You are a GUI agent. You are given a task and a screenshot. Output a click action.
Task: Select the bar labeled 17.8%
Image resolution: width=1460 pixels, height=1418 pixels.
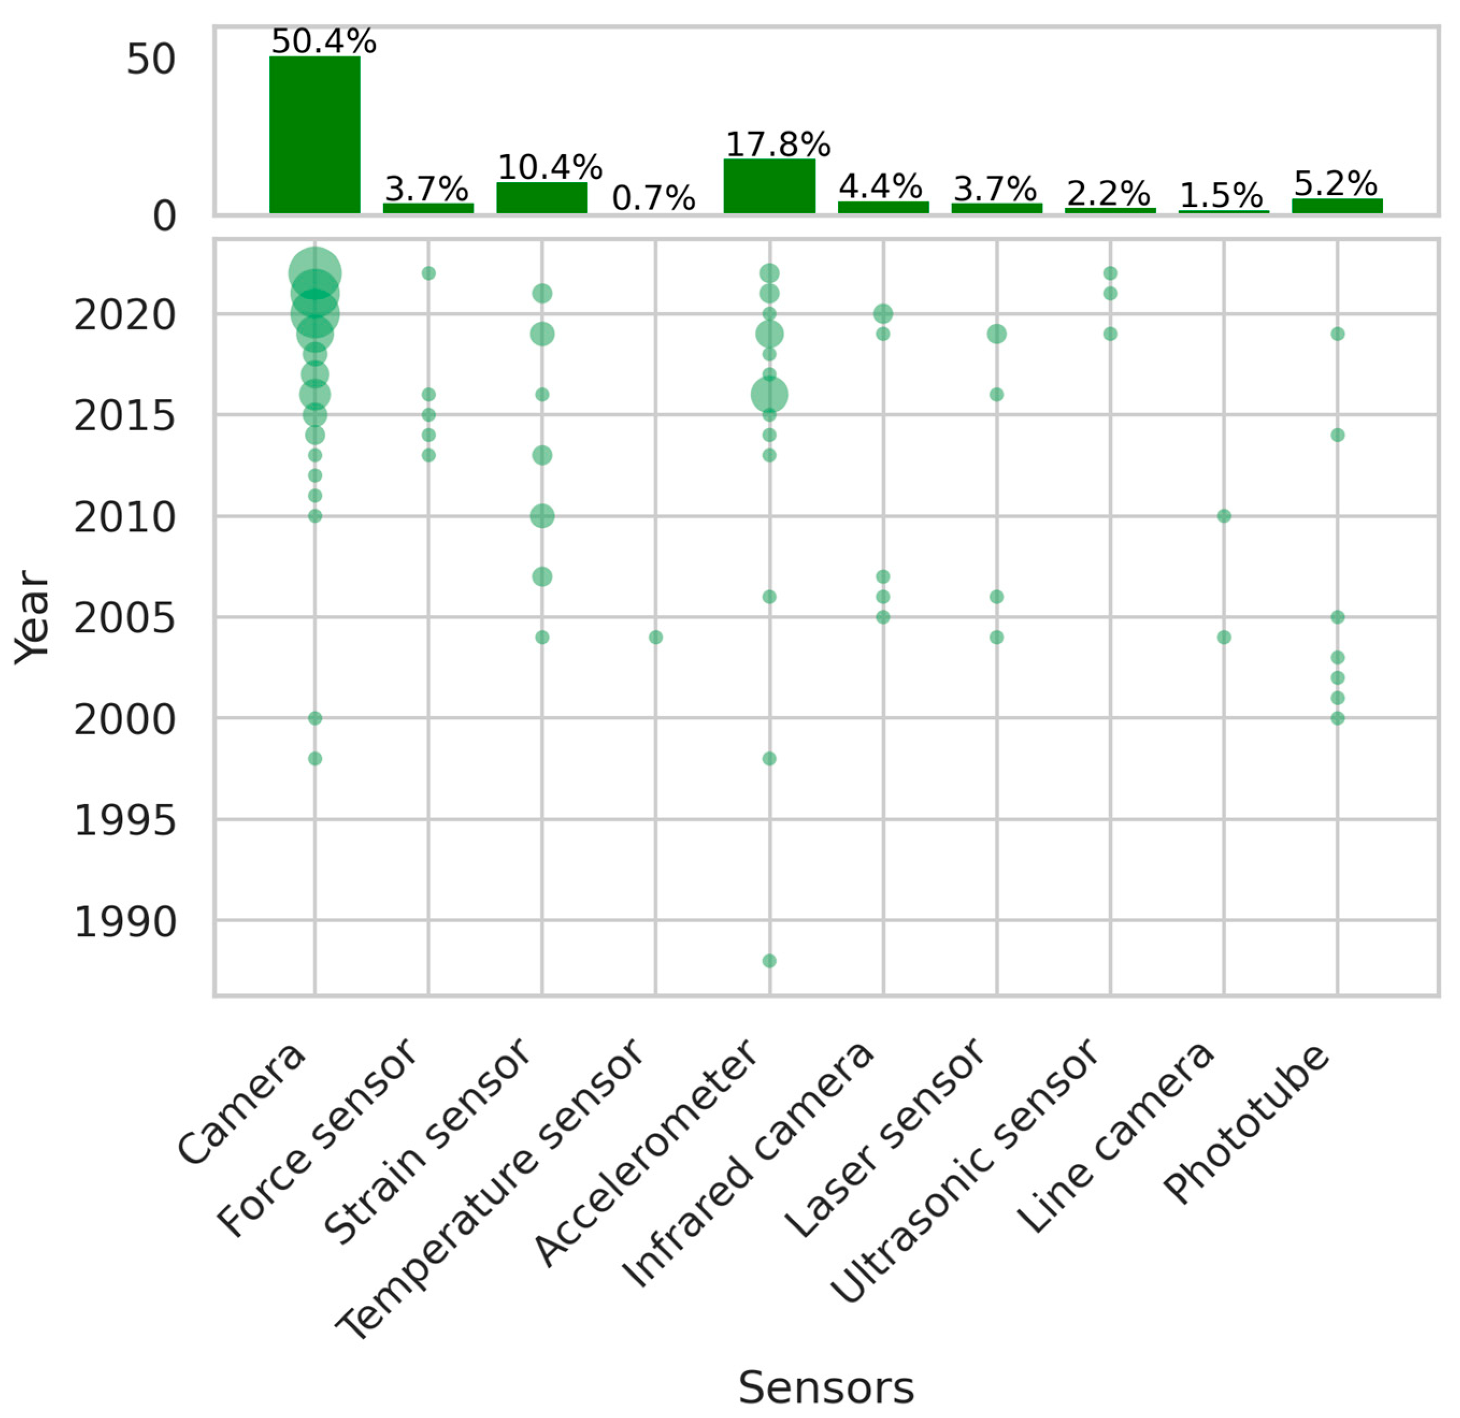click(769, 186)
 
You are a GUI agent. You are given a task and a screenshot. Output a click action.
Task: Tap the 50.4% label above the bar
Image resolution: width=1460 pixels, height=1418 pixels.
click(323, 42)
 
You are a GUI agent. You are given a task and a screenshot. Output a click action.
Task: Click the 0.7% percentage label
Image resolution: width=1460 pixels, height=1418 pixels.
click(653, 198)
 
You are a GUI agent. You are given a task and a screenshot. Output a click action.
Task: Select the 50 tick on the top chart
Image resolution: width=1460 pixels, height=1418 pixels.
click(150, 60)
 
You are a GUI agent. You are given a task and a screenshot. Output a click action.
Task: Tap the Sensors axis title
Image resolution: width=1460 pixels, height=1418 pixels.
click(825, 1387)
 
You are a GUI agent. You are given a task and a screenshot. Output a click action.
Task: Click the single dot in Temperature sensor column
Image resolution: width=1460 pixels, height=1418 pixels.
click(656, 638)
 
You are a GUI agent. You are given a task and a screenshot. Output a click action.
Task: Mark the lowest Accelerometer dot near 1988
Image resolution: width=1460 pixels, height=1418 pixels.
click(769, 961)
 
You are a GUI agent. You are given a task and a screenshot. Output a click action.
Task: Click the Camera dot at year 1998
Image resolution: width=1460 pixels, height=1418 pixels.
click(314, 758)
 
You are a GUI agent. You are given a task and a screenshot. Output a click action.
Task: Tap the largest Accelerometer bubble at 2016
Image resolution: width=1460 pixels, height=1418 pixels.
click(769, 395)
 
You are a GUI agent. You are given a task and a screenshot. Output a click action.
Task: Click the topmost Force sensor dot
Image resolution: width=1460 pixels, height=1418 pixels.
click(428, 273)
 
